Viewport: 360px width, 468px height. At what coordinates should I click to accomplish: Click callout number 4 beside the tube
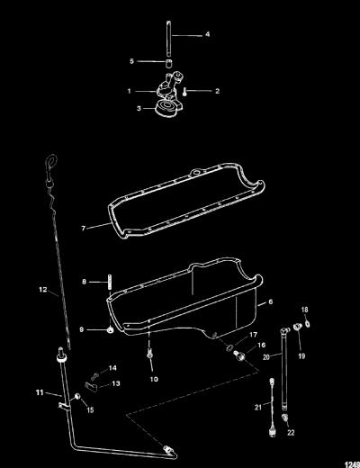[x=208, y=34]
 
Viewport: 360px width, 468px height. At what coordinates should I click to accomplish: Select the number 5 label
[x=131, y=61]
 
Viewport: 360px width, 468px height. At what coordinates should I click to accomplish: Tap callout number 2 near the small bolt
[x=217, y=91]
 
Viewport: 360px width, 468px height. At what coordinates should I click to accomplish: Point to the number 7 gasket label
[x=84, y=229]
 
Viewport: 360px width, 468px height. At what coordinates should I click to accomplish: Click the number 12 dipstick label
[x=43, y=290]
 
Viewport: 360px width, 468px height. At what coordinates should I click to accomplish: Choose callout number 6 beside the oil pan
[x=270, y=301]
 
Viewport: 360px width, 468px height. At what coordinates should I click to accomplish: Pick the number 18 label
[x=304, y=310]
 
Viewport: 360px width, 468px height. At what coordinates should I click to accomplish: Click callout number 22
[x=291, y=433]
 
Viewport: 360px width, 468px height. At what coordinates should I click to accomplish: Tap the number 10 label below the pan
[x=154, y=379]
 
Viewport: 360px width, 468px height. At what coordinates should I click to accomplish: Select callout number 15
[x=90, y=409]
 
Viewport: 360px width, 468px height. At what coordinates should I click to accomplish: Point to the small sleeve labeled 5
[x=170, y=64]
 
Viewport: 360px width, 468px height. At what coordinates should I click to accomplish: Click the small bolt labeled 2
[x=184, y=93]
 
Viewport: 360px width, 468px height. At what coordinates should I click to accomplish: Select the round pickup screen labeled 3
[x=165, y=109]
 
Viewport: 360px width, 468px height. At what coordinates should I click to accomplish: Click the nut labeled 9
[x=110, y=330]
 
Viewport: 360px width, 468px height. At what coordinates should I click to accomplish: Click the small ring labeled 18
[x=308, y=323]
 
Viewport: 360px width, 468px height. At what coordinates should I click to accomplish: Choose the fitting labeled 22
[x=285, y=417]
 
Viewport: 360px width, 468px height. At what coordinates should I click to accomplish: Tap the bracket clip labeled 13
[x=92, y=386]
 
